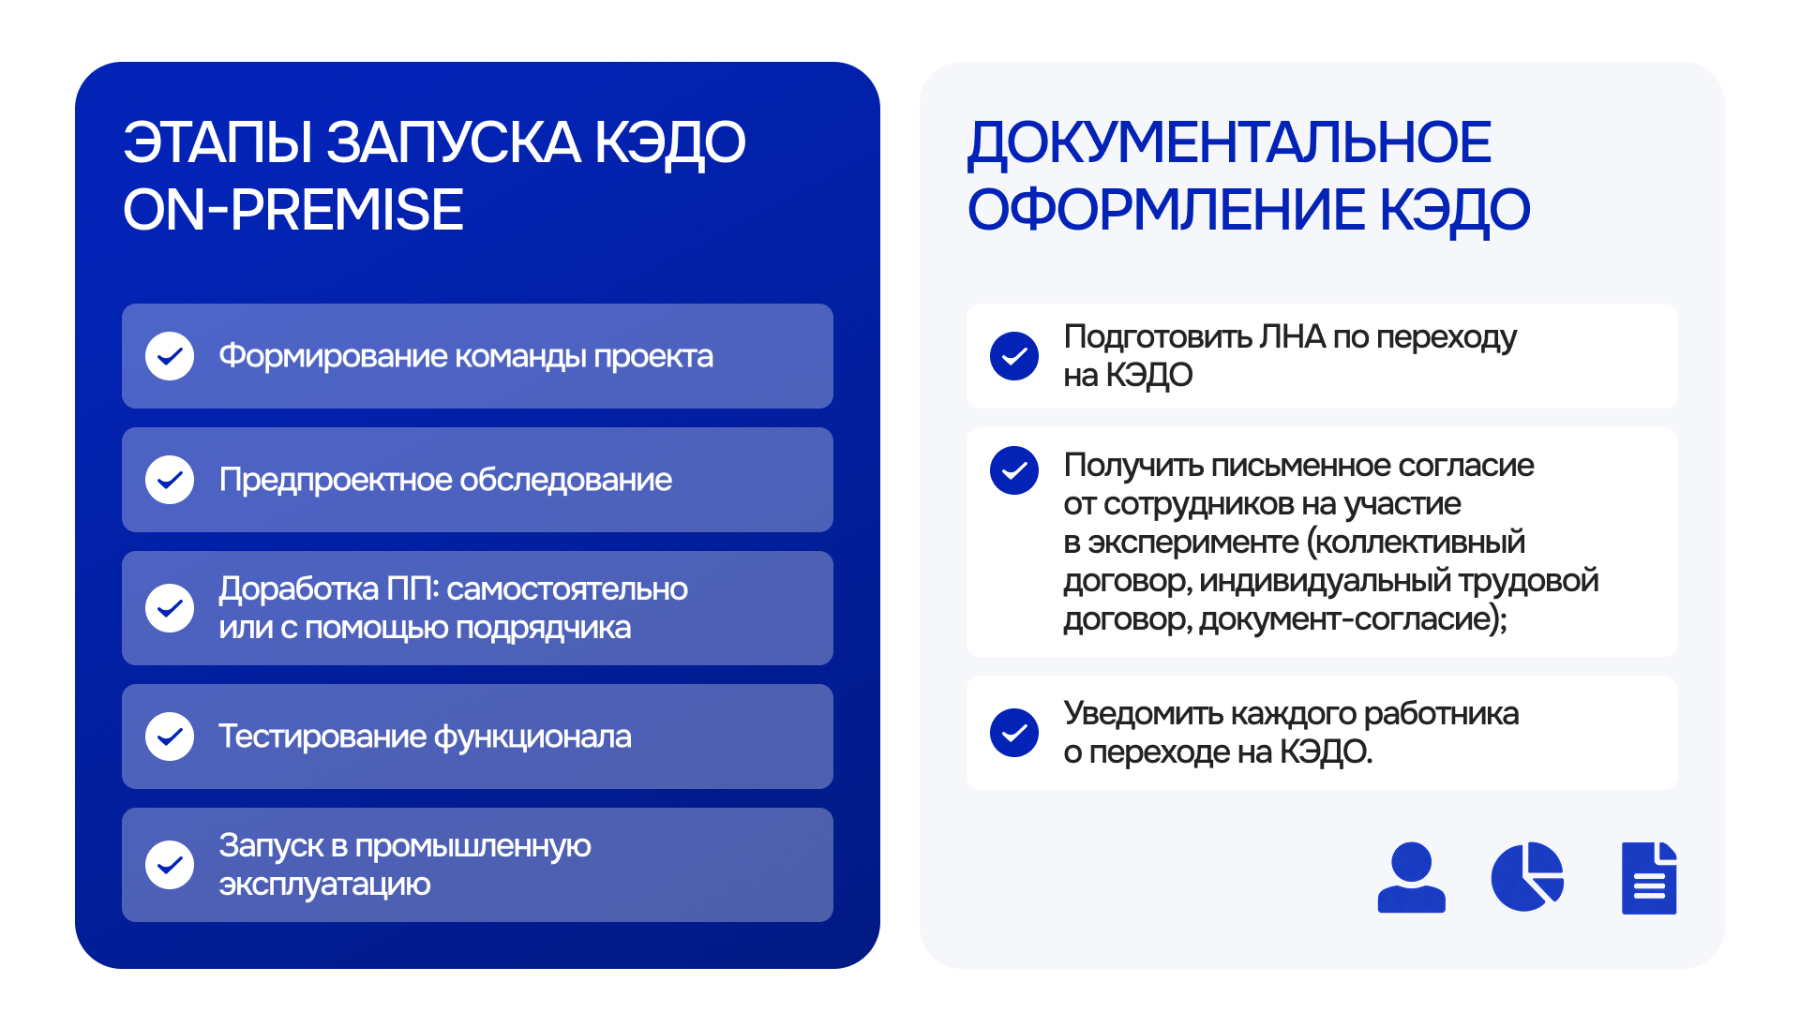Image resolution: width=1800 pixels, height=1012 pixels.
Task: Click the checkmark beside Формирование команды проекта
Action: pos(170,356)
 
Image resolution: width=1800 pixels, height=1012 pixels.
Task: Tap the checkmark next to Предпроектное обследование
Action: pos(170,480)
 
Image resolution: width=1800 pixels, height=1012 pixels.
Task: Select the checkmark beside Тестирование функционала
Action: pos(170,737)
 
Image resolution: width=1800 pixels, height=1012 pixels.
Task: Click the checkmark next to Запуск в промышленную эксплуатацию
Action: pos(170,864)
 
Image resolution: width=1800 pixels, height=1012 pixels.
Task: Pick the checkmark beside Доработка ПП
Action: pos(170,608)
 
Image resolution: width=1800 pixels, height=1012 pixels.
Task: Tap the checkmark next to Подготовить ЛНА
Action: pos(1014,356)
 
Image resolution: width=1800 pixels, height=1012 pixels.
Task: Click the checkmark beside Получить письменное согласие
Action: pos(1014,470)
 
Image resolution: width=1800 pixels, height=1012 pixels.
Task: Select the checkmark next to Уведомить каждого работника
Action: pos(1014,733)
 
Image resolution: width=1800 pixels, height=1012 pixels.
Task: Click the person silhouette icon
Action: pos(1411,877)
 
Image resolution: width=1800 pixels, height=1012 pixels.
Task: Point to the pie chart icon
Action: pos(1527,877)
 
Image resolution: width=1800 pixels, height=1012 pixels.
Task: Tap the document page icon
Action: pos(1649,878)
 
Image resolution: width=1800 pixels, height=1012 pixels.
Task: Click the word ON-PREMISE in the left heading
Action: pos(293,210)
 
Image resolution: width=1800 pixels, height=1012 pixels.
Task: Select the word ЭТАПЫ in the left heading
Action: pos(218,142)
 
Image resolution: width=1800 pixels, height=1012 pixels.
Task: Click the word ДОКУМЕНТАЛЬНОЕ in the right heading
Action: pos(1229,143)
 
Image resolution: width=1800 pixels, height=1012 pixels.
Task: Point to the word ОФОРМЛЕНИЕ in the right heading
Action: pos(1166,209)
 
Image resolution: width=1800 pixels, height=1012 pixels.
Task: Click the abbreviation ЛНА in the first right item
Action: pos(1292,336)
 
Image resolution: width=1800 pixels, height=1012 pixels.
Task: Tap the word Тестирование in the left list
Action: pos(322,737)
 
